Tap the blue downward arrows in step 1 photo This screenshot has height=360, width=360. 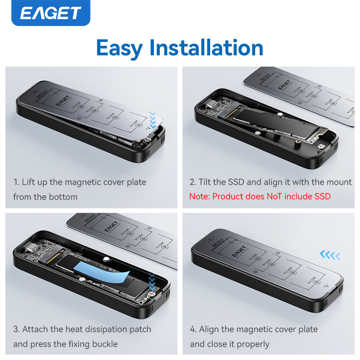point(154,120)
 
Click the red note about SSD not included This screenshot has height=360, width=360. point(260,196)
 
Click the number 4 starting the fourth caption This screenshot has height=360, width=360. point(193,330)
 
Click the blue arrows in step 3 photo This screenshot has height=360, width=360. point(153,281)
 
